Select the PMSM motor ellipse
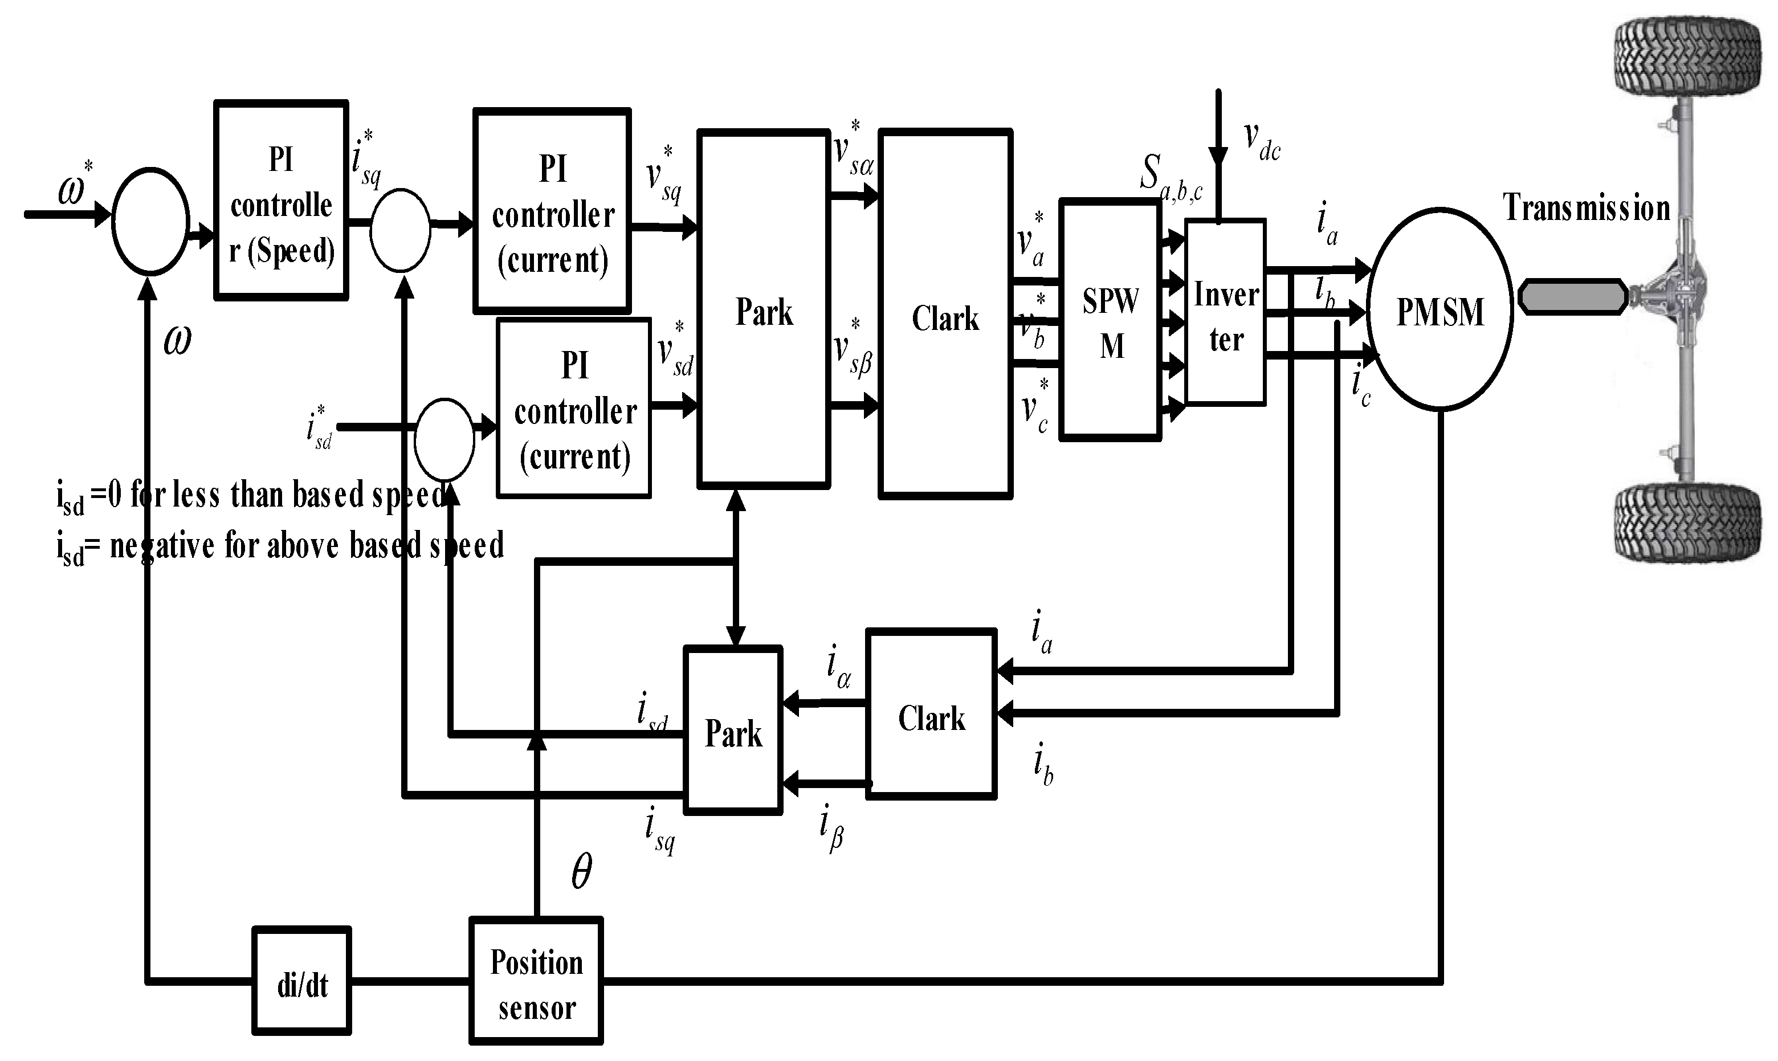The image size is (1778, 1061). pyautogui.click(x=1440, y=309)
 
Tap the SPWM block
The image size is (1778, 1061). pyautogui.click(x=1110, y=320)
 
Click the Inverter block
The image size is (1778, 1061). pyautogui.click(x=1225, y=313)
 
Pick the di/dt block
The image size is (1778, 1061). pyautogui.click(x=301, y=981)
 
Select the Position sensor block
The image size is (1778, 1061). pyautogui.click(x=536, y=981)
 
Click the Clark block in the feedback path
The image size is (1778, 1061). pyautogui.click(x=931, y=713)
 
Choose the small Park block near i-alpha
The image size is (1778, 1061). pyautogui.click(x=733, y=730)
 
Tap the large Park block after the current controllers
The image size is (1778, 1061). pyautogui.click(x=764, y=309)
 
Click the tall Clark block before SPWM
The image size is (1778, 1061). pyautogui.click(x=945, y=314)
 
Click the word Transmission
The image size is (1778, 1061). pyautogui.click(x=1587, y=208)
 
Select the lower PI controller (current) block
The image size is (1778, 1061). pyautogui.click(x=574, y=408)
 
